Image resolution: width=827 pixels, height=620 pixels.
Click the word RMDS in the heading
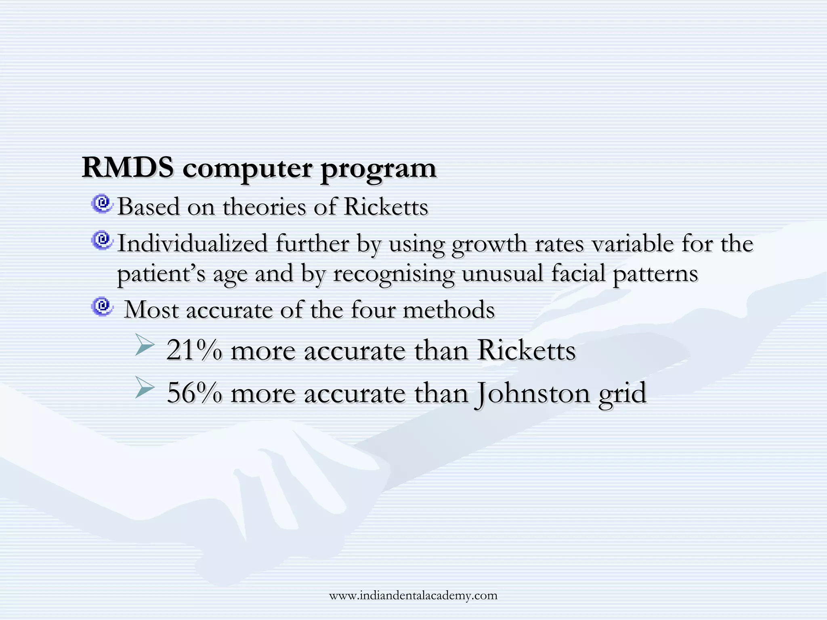(x=128, y=167)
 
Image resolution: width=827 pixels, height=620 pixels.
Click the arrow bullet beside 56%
(x=145, y=387)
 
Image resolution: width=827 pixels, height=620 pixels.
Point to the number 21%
(x=194, y=350)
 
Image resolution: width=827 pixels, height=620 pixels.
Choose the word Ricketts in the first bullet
(x=386, y=207)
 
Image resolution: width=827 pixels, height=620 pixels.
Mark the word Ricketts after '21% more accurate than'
(x=526, y=350)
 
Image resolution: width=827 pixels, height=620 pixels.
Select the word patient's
(x=161, y=274)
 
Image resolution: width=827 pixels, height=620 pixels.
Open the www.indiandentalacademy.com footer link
(x=413, y=595)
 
